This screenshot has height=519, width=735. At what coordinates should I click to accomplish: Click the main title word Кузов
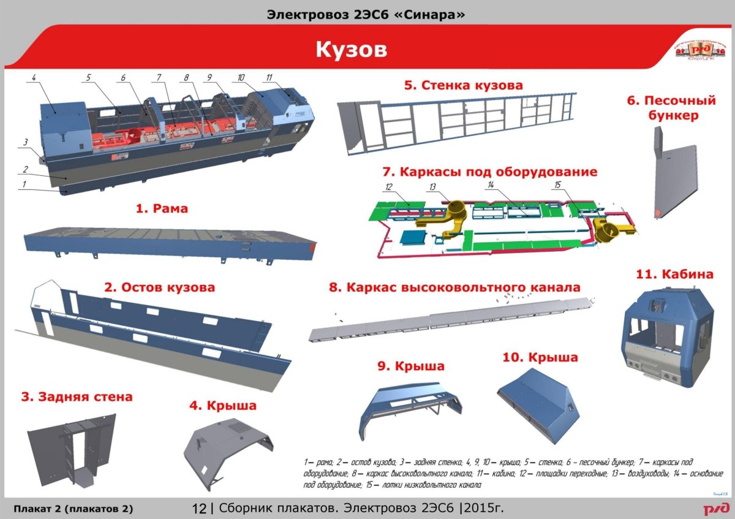tap(351, 50)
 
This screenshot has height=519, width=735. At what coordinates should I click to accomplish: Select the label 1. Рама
tap(161, 208)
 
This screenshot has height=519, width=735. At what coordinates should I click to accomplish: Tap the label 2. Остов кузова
tap(159, 287)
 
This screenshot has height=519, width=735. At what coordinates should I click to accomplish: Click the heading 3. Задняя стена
tap(77, 396)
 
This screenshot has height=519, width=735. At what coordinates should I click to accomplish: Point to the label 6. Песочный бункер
tap(671, 107)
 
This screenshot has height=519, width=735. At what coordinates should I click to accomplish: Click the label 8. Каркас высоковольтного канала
tap(454, 287)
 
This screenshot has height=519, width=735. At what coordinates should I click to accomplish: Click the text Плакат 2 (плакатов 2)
tap(73, 509)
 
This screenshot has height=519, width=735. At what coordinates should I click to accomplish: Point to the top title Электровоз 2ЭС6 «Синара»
tap(367, 13)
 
